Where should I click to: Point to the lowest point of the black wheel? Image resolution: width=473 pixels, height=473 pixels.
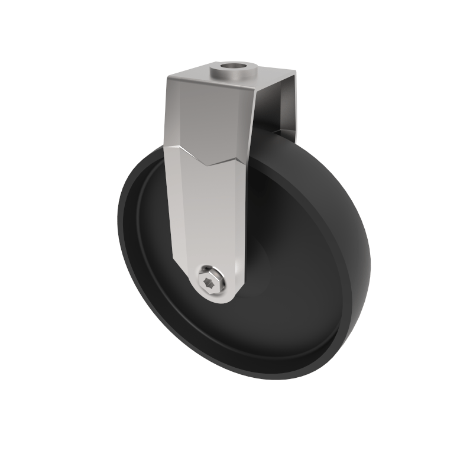point(284,379)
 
